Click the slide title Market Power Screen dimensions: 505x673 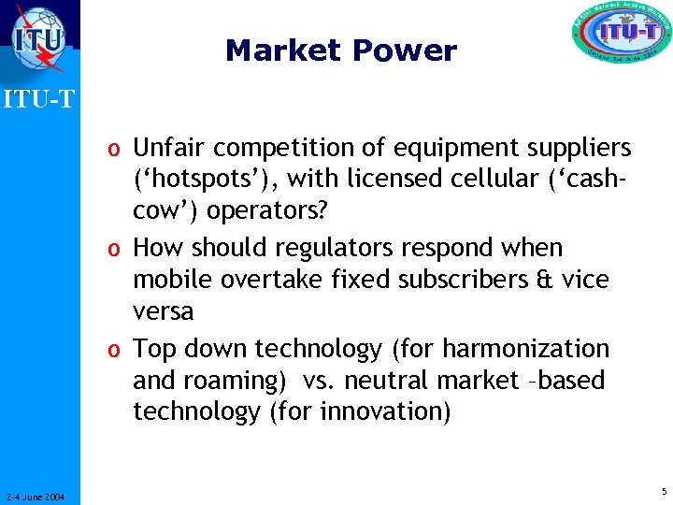pyautogui.click(x=340, y=50)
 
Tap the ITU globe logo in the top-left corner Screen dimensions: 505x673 pyautogui.click(x=38, y=39)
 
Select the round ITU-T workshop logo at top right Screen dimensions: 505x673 pyautogui.click(x=621, y=37)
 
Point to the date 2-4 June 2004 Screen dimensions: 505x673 pyautogui.click(x=35, y=497)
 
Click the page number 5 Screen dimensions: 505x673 pyautogui.click(x=663, y=492)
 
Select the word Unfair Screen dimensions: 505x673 pyautogui.click(x=165, y=148)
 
